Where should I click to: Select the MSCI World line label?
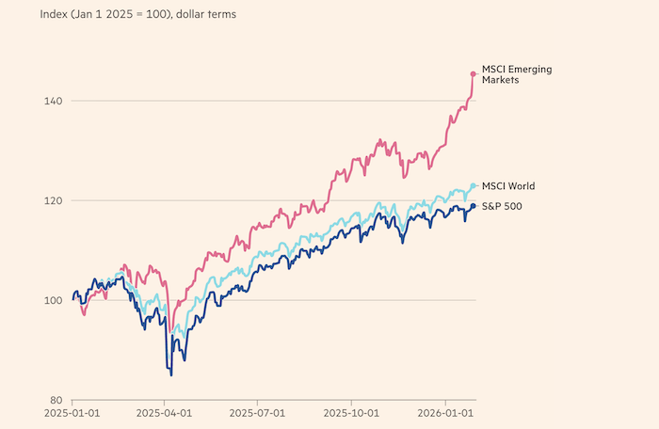pyautogui.click(x=508, y=186)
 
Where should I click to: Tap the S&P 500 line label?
pyautogui.click(x=503, y=206)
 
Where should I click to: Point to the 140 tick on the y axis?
pyautogui.click(x=53, y=101)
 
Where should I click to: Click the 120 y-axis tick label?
pyautogui.click(x=53, y=200)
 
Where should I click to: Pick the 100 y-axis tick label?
pyautogui.click(x=53, y=300)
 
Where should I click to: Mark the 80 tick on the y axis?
pyautogui.click(x=56, y=400)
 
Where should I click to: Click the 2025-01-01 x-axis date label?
pyautogui.click(x=72, y=413)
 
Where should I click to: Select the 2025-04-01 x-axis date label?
pyautogui.click(x=166, y=413)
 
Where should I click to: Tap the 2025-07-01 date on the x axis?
pyautogui.click(x=259, y=413)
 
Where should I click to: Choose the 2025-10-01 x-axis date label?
pyautogui.click(x=352, y=413)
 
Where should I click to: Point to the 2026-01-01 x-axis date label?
pyautogui.click(x=445, y=413)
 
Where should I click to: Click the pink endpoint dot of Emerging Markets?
pyautogui.click(x=473, y=72)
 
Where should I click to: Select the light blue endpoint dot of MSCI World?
pyautogui.click(x=473, y=186)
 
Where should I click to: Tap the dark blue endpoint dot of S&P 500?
pyautogui.click(x=473, y=206)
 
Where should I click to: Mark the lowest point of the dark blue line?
pyautogui.click(x=171, y=374)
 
